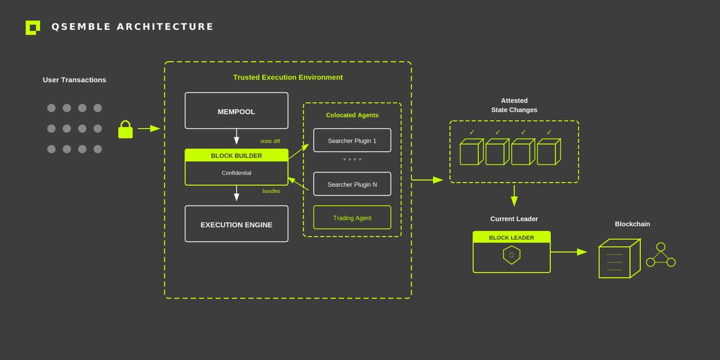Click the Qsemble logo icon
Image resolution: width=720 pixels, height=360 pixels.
coord(32,27)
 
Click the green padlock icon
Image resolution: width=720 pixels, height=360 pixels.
coord(125,130)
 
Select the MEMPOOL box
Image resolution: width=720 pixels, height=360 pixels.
coord(236,111)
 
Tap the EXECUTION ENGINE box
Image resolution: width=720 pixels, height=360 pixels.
coord(236,224)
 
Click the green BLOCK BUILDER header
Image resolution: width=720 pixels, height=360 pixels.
coord(236,155)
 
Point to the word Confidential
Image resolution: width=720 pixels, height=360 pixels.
coord(236,173)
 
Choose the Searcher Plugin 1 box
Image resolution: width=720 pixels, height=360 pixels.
coord(352,140)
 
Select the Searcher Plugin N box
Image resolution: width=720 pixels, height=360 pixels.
coord(352,184)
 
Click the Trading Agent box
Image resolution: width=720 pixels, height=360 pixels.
coord(352,218)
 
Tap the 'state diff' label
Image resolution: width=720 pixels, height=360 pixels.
coord(270,142)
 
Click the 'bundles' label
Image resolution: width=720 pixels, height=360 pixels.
coord(271,191)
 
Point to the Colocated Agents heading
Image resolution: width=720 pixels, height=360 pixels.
coord(352,115)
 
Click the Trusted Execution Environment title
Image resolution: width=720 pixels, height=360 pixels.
coord(288,77)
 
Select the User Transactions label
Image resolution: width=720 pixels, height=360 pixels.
coord(74,80)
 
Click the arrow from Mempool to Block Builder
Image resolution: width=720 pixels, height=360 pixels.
coord(236,137)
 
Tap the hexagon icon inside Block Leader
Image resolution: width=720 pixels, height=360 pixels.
coord(511,255)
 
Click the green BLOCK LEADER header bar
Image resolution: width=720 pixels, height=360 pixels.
coord(511,238)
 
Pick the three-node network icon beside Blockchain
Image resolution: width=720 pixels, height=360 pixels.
coord(661,256)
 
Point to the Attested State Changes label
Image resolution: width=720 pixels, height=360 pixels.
coord(514,105)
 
